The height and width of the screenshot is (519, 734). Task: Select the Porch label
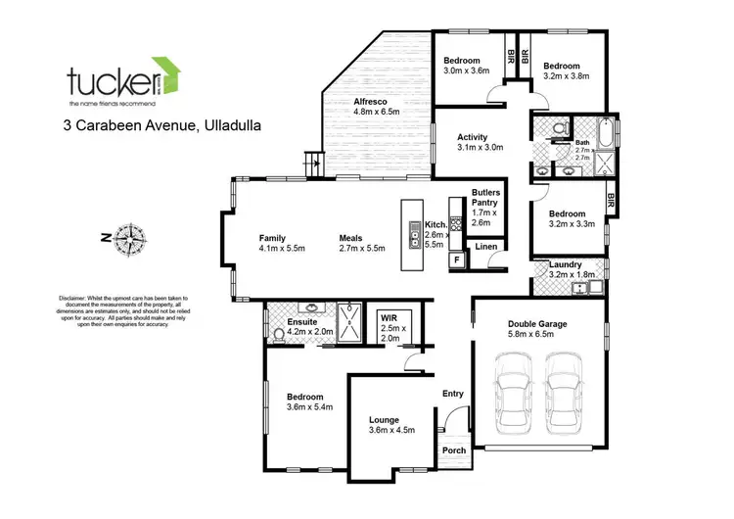(454, 450)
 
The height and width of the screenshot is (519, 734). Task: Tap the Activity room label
(452, 142)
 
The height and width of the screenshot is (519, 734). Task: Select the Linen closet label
(486, 247)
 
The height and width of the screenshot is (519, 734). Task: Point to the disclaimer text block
(115, 310)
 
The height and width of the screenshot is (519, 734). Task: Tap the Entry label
(453, 393)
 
